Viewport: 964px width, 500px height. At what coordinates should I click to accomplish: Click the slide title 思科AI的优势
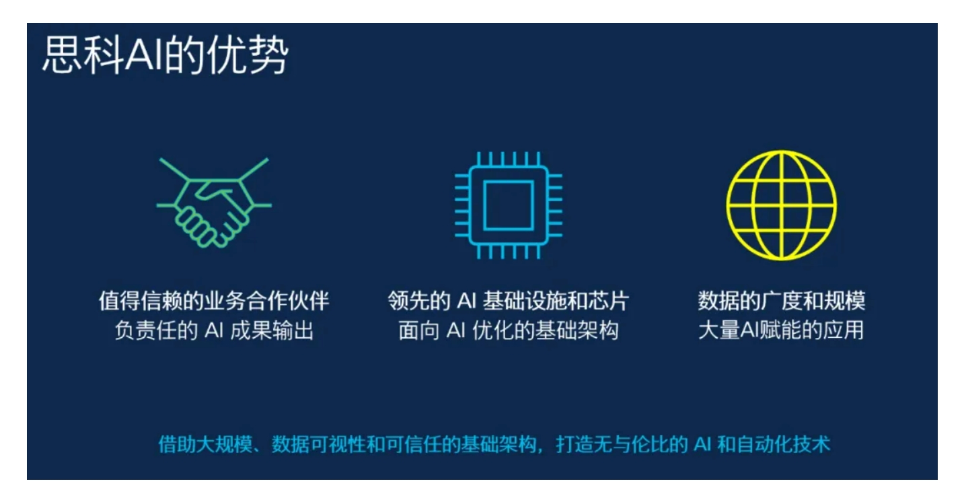pos(165,56)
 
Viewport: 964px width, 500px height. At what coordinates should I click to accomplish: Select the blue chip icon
pos(509,205)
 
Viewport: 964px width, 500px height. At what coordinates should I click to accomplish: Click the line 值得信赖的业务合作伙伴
pos(215,301)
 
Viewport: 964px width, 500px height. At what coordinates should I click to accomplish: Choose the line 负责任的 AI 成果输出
pos(215,330)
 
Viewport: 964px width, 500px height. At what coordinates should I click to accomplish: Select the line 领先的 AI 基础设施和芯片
pos(509,301)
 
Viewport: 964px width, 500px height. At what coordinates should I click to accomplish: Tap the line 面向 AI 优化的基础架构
pos(509,330)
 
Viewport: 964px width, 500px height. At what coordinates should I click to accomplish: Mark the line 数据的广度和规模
pos(782,301)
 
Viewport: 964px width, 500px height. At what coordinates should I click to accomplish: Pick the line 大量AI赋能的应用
pos(782,330)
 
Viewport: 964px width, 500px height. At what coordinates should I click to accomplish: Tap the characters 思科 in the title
pos(83,56)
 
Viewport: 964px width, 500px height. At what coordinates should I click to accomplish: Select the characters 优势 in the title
pos(248,56)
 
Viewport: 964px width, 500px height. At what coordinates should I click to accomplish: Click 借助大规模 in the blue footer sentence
pos(205,444)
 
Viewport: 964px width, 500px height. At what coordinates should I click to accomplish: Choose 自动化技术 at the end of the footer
pos(783,444)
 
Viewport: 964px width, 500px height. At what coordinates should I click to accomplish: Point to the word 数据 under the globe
pos(718,301)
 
